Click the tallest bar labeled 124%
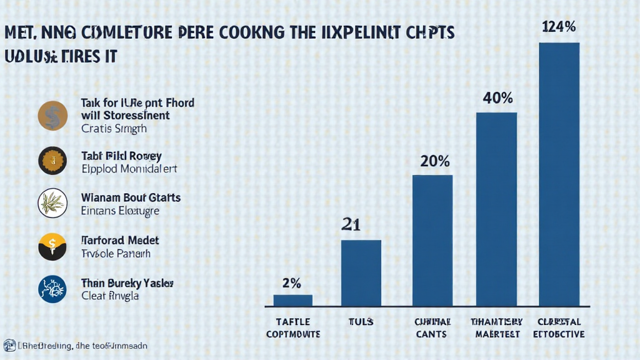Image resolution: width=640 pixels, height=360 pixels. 559,174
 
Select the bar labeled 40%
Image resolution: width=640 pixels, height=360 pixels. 496,209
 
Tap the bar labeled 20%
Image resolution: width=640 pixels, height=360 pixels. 432,241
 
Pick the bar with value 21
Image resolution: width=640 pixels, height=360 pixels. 361,273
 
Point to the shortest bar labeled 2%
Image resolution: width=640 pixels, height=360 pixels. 292,301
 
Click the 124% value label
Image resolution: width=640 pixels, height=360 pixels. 559,26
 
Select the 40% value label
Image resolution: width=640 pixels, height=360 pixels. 497,97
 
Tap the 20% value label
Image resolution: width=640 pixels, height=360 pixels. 434,161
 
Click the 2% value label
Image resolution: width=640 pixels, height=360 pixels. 291,282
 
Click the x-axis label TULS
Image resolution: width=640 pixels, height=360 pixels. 361,322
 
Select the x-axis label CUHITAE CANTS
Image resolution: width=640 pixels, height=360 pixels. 432,327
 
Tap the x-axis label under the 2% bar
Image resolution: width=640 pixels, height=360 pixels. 292,327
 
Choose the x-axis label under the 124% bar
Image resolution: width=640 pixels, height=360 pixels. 559,327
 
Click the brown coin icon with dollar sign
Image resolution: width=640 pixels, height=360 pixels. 52,116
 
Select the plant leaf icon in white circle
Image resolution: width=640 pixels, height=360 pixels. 52,203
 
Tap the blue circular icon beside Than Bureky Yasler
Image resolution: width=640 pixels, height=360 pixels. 52,289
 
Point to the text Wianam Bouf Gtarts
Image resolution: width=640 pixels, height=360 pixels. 131,197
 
